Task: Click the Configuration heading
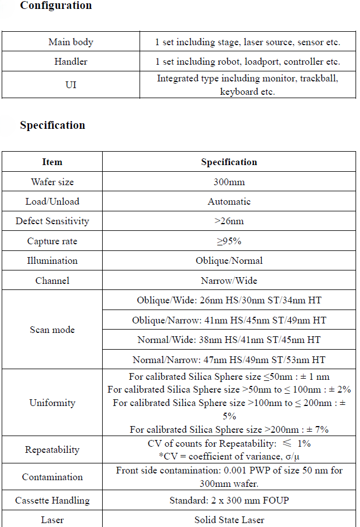(56, 6)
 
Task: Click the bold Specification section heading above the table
(52, 125)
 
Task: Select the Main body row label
(71, 42)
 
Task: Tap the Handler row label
(71, 62)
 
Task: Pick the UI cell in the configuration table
(71, 85)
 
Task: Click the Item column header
(52, 162)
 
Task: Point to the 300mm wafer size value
(229, 182)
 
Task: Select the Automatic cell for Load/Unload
(229, 202)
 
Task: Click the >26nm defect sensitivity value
(229, 221)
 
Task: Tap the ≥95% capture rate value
(229, 241)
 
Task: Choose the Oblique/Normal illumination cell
(229, 261)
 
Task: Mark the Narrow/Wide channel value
(229, 281)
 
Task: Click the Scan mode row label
(52, 330)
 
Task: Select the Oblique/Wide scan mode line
(229, 301)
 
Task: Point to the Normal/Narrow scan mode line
(229, 360)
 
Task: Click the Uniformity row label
(52, 403)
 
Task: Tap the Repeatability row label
(52, 450)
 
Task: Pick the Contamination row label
(52, 477)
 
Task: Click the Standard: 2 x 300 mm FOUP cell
(229, 501)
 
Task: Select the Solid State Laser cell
(229, 520)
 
